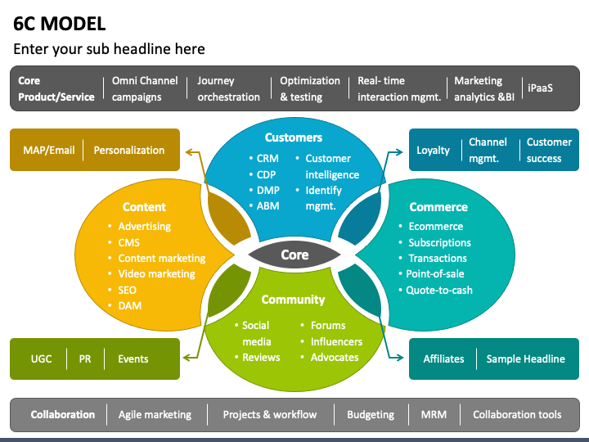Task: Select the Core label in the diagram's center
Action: [x=294, y=255]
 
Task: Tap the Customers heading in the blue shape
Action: [x=294, y=138]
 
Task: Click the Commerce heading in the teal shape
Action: [x=438, y=207]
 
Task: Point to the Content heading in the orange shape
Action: [x=144, y=207]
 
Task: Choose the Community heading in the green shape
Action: [x=294, y=300]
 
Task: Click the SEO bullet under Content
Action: [x=127, y=290]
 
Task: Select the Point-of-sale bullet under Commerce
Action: [x=437, y=274]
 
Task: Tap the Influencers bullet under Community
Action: [x=336, y=341]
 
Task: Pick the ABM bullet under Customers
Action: [x=268, y=205]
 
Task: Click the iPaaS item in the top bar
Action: [x=540, y=87]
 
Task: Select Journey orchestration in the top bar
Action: [x=228, y=88]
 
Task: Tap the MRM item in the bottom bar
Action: [x=434, y=414]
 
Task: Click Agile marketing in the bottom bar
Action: [x=155, y=414]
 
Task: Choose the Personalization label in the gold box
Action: [x=128, y=151]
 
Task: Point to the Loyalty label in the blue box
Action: [x=433, y=151]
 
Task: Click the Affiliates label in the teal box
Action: [x=443, y=359]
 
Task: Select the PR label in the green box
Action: [x=85, y=359]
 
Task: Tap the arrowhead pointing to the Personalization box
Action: [x=188, y=151]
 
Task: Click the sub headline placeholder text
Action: [x=109, y=49]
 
